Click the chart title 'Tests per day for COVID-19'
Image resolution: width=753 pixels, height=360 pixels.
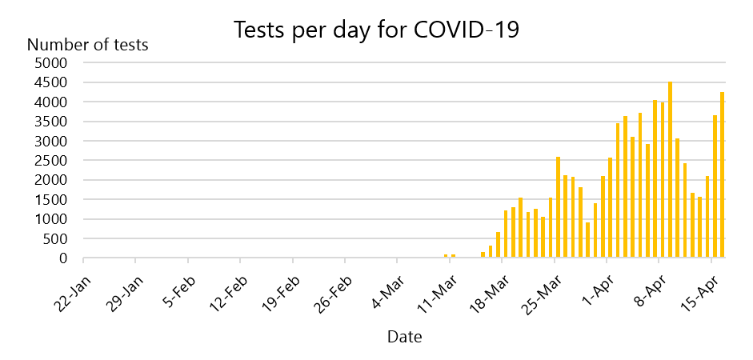tap(376, 30)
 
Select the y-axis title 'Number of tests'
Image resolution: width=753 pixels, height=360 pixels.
tap(88, 45)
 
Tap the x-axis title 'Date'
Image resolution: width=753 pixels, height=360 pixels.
tap(405, 337)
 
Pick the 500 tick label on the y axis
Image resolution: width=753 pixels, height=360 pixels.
tap(57, 239)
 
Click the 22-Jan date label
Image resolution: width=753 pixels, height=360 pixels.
tap(72, 286)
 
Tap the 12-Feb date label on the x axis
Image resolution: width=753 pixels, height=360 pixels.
tap(229, 286)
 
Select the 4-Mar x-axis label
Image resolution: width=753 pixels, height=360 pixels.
tap(387, 286)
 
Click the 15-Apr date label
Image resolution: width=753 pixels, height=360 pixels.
tap(701, 286)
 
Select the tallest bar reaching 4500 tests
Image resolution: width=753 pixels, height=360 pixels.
tap(670, 170)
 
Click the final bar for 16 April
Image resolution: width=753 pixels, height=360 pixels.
tap(723, 175)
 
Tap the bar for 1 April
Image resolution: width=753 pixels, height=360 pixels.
tap(611, 208)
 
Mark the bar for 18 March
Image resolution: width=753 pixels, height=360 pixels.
tap(506, 234)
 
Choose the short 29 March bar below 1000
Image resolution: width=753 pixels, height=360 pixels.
tap(588, 241)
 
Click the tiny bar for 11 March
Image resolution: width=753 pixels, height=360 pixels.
tap(454, 256)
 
